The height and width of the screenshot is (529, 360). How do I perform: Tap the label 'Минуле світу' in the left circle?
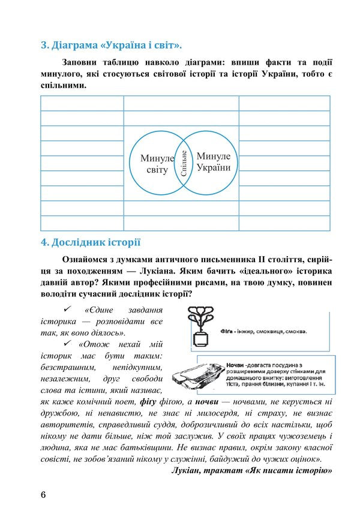pyautogui.click(x=157, y=164)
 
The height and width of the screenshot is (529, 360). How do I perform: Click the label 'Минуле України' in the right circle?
pyautogui.click(x=213, y=161)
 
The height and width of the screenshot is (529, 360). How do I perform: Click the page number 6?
pyautogui.click(x=43, y=495)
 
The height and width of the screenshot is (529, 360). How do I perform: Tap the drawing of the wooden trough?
pyautogui.click(x=196, y=375)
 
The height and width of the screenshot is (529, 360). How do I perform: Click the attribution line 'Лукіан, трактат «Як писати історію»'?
pyautogui.click(x=251, y=471)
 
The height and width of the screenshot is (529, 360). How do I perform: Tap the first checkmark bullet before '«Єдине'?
pyautogui.click(x=67, y=309)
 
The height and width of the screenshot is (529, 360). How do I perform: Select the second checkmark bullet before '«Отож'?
pyautogui.click(x=67, y=344)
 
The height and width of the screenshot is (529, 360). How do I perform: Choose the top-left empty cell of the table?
pyautogui.click(x=82, y=103)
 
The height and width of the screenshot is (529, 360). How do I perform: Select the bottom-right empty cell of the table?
pyautogui.click(x=284, y=223)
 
